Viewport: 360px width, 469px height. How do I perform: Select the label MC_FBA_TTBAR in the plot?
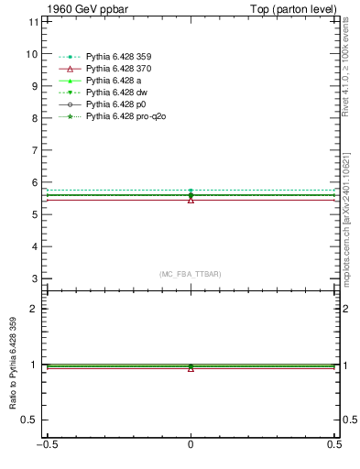click(190, 274)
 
